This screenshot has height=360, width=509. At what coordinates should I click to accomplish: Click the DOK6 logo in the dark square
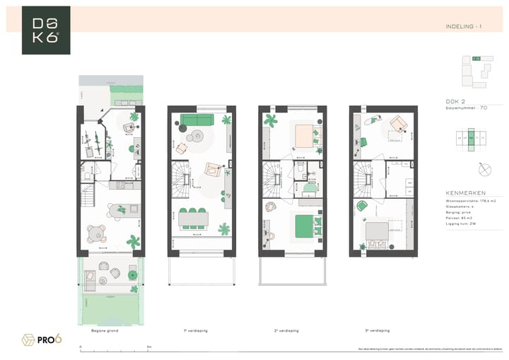click(46, 30)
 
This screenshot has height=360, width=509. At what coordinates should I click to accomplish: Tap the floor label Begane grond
click(105, 330)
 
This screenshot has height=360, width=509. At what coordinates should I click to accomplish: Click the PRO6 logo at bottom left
click(42, 339)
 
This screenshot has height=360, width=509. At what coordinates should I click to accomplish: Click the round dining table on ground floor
click(95, 233)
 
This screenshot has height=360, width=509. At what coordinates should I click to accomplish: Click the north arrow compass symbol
click(485, 170)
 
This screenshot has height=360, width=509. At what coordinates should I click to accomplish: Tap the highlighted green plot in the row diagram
click(471, 139)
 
